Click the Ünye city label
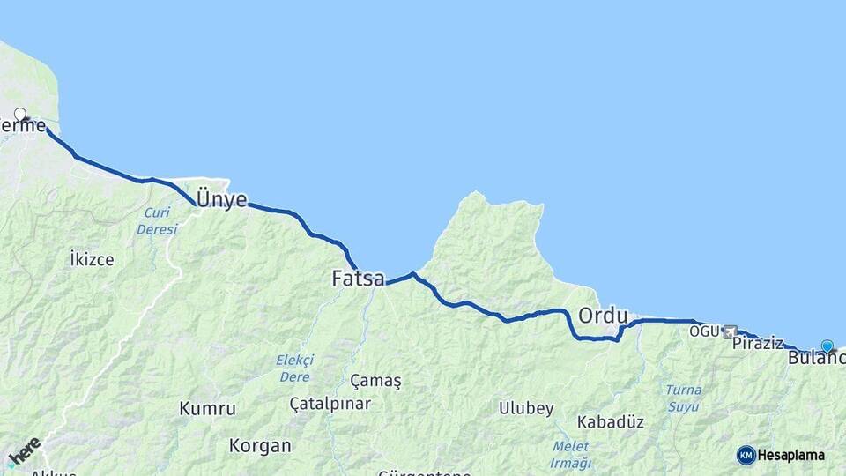[x=221, y=200]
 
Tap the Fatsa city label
[x=358, y=279]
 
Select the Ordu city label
[x=603, y=316]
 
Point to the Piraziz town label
[x=757, y=343]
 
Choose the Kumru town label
[x=207, y=409]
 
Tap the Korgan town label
[x=259, y=445]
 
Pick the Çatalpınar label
[x=330, y=404]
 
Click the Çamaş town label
[x=375, y=381]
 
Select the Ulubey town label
[x=526, y=408]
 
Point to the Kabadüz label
[x=611, y=421]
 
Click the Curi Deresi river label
[x=157, y=221]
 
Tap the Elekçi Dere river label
[x=293, y=368]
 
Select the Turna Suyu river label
[x=684, y=398]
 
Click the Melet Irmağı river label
[x=570, y=455]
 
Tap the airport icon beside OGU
[x=729, y=331]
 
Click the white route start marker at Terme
[x=20, y=114]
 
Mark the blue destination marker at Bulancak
[x=827, y=346]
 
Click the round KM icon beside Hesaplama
[x=746, y=455]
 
